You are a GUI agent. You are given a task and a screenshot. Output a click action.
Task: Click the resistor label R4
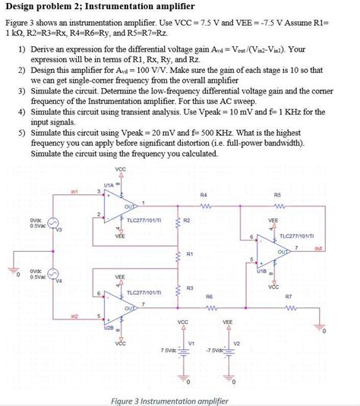[204, 194]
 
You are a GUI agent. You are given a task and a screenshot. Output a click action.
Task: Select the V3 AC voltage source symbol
[50, 225]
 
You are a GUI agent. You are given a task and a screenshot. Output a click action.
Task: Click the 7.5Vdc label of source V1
[169, 350]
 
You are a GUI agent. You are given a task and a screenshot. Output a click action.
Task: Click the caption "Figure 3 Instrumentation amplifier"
[169, 400]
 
